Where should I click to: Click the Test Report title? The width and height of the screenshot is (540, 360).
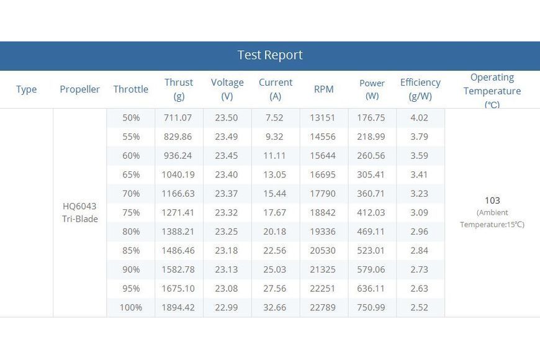coord(270,55)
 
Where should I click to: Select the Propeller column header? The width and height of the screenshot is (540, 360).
coord(79,89)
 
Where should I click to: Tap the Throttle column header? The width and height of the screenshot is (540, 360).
coord(131,89)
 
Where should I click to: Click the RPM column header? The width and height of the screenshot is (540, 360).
coord(324,89)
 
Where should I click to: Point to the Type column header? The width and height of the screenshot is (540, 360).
coord(26,89)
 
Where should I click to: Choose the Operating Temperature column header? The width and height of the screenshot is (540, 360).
coord(492,91)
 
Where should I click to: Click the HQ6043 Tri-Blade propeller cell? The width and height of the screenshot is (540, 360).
coord(80,212)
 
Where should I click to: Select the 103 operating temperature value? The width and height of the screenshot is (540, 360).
coord(492,200)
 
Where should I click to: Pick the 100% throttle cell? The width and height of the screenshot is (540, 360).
coord(131,307)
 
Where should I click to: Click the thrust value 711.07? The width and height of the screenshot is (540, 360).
coord(178,118)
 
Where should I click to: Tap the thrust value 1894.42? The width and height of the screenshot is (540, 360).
coord(178,307)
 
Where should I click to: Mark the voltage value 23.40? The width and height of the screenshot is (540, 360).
coord(227,174)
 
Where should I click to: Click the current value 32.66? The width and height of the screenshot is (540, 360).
coord(274,307)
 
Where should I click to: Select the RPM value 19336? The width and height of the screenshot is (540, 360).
coord(323,232)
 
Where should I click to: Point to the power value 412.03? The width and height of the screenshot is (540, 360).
coord(371,212)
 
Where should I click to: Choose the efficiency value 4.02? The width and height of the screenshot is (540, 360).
coord(419,118)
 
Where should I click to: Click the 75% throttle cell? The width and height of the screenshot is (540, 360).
coord(131,212)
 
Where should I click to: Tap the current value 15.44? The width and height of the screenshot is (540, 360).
coord(274,194)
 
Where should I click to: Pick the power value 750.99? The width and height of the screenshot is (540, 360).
coord(371,307)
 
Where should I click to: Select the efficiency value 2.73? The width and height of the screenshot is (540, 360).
coord(419,269)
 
